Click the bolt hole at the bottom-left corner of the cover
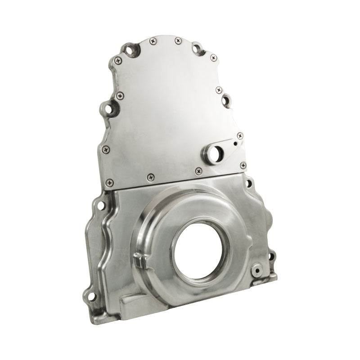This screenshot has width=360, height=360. point(91,296)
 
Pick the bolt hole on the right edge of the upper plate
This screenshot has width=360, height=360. point(226,99)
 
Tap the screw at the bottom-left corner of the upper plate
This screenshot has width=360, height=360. point(109,183)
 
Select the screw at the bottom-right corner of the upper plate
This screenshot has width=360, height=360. point(243,165)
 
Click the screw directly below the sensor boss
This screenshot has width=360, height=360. point(199,171)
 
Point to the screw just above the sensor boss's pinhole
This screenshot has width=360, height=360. point(240,135)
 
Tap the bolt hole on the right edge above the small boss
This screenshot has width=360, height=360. point(271,257)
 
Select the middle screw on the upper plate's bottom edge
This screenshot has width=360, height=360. point(150,177)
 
